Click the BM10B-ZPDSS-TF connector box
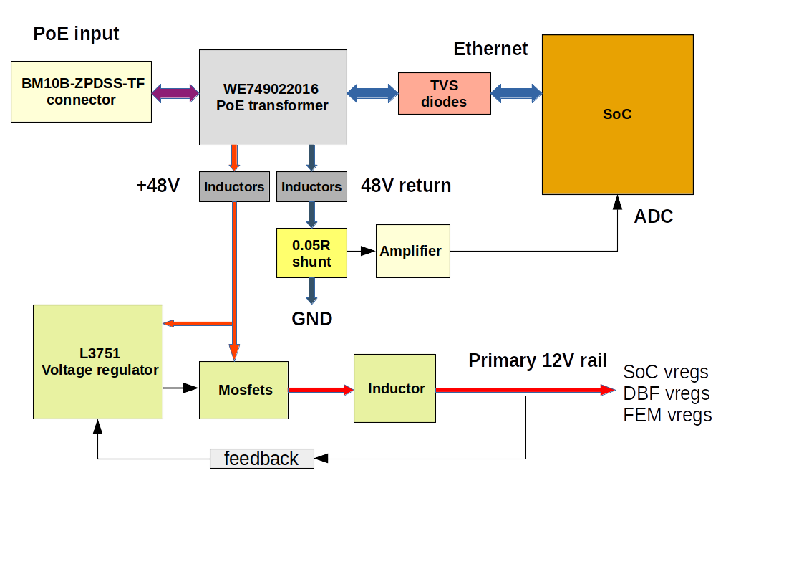point(81,92)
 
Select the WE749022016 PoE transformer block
point(273,97)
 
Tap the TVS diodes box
point(445,93)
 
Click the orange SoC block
point(618,115)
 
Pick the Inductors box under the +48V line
point(234,187)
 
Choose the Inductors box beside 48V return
point(311,187)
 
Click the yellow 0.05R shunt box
point(311,253)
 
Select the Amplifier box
point(413,252)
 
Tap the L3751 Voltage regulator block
point(98,362)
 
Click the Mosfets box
point(243,390)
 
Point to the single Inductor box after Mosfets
point(394,388)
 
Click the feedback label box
point(262,459)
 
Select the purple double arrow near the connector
point(175,93)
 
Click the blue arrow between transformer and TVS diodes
point(373,93)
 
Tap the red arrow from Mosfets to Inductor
point(321,390)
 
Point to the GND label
point(311,319)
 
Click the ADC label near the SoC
point(653,216)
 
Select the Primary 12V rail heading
point(538,360)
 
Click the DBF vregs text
point(667,393)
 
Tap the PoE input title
point(76,34)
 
